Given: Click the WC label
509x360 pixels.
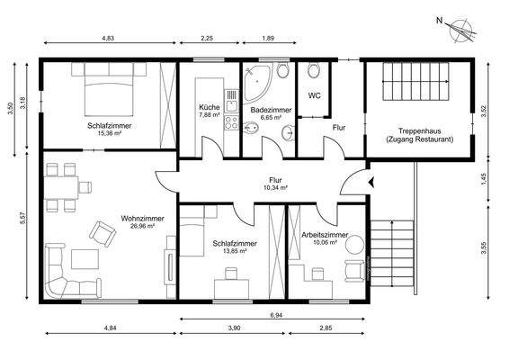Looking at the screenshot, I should (x=315, y=94).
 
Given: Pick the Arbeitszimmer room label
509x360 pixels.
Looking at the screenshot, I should (x=325, y=233).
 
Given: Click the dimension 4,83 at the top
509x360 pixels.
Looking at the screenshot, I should (x=108, y=40).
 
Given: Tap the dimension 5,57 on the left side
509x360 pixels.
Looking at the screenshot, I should (x=11, y=218).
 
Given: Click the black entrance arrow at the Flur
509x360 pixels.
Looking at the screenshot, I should (x=371, y=182).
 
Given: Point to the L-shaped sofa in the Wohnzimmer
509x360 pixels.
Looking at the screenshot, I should (x=58, y=270).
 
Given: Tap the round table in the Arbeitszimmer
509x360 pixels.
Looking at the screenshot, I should (x=353, y=243).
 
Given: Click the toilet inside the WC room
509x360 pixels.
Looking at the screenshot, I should (x=314, y=73).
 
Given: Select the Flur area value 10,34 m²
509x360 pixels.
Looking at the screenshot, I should (x=275, y=188).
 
